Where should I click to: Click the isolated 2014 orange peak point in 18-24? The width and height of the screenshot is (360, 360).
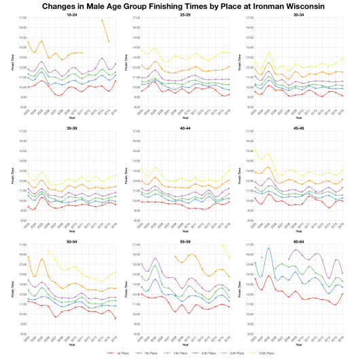click(102, 20)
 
